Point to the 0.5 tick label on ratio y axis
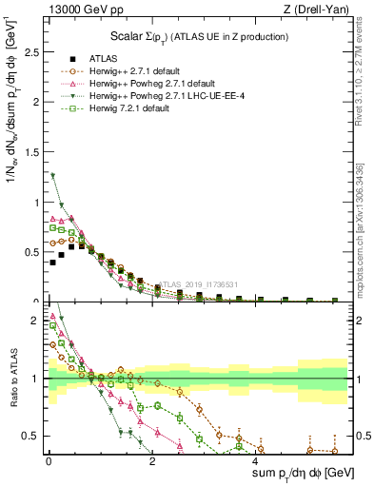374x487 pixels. point(30,436)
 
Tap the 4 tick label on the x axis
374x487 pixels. point(256,461)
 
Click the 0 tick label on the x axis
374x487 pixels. point(49,461)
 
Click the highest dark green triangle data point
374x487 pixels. point(53,175)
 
